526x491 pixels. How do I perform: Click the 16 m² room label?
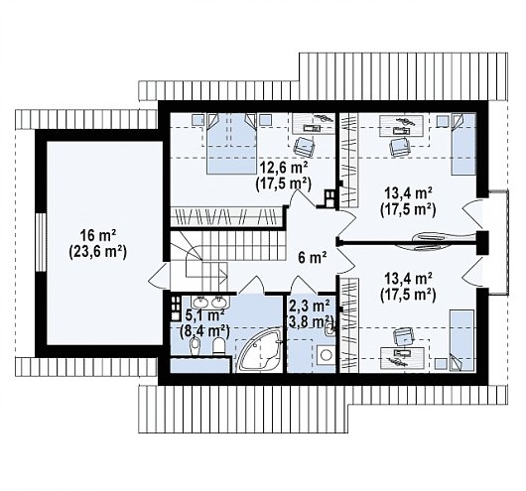click(97, 236)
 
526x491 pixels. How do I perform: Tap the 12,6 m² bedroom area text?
click(284, 168)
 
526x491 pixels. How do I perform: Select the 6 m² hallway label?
click(313, 258)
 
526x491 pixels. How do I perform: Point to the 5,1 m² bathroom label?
click(205, 315)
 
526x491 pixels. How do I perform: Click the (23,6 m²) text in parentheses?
click(97, 252)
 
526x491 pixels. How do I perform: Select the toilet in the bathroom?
click(219, 345)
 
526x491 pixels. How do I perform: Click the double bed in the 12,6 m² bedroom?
click(231, 143)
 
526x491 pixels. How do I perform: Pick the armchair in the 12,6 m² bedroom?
click(305, 146)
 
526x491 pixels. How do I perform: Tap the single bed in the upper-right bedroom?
click(463, 144)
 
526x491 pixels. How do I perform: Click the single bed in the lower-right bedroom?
click(461, 340)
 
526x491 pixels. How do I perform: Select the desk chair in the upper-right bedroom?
click(399, 146)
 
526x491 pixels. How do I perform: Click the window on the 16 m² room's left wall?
click(41, 242)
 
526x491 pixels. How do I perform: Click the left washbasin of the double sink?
click(201, 303)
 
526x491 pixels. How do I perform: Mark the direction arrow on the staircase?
click(206, 274)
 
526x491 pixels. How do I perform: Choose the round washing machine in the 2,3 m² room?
click(326, 355)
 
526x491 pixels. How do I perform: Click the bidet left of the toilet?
click(195, 346)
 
